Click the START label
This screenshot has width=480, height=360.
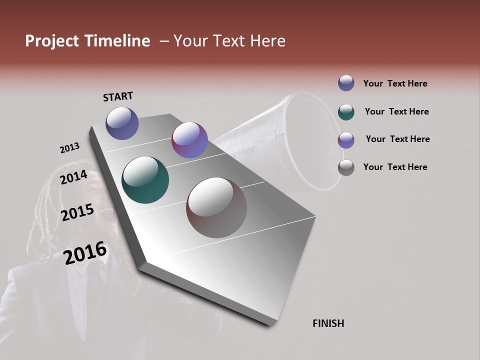point(118,96)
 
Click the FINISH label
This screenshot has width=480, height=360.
point(328,323)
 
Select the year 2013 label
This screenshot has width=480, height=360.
point(69,148)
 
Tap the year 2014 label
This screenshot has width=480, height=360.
point(74,177)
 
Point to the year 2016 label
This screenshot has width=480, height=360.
point(85,253)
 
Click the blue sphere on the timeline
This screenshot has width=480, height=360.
point(122,123)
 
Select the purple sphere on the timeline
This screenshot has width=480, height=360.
point(189,140)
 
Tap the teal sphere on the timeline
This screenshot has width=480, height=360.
point(145,180)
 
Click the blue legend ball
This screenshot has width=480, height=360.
point(346,83)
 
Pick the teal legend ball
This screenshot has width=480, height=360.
point(346,112)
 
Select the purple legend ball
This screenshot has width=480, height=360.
point(346,140)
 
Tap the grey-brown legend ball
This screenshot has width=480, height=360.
point(346,167)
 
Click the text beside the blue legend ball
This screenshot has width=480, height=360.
point(395,83)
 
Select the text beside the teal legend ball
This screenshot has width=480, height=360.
point(396,111)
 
